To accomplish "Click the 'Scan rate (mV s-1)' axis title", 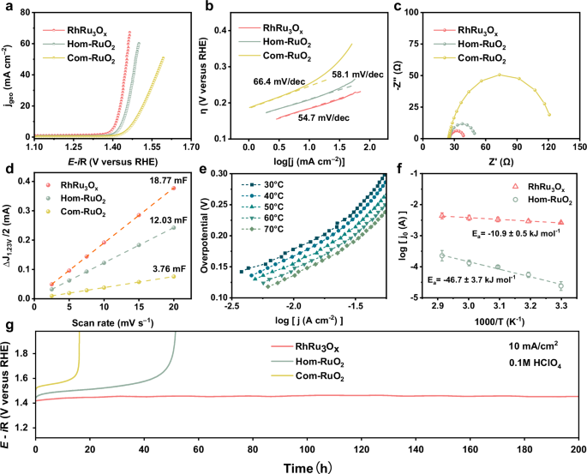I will (x=103, y=321).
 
